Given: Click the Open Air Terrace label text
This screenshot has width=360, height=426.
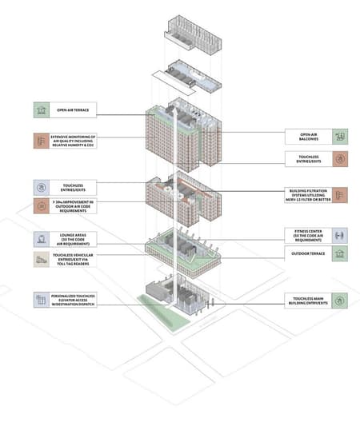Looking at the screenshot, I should point(73,110).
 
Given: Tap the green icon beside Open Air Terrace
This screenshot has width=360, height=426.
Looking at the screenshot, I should point(41,110).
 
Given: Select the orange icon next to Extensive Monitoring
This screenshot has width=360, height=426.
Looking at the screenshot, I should point(41,141).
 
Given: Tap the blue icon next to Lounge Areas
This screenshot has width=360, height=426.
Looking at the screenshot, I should point(41,238).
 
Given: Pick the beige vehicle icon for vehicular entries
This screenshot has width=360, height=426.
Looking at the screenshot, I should point(41,259).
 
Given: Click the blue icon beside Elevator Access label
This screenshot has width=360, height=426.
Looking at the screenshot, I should point(41,301).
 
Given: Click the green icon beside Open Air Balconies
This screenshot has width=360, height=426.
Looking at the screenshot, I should point(339,137).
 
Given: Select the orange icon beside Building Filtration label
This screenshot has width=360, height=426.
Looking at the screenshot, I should point(339,195).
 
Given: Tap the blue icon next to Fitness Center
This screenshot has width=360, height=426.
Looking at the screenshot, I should point(339,236).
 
